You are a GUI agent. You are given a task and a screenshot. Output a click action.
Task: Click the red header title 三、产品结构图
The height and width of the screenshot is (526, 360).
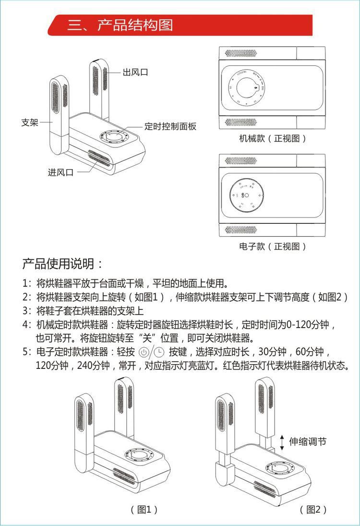tap(120, 25)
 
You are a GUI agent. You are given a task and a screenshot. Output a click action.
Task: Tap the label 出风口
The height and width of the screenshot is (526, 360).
tap(135, 73)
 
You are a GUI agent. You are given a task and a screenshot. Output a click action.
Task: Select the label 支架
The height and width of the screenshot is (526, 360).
tap(30, 122)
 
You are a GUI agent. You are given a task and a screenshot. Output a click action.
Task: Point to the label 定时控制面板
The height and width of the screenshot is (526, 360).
tap(170, 126)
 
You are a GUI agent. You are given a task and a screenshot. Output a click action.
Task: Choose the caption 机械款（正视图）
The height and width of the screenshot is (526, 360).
tap(272, 139)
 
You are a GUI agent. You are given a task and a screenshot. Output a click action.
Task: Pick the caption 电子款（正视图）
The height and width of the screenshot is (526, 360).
tap(272, 246)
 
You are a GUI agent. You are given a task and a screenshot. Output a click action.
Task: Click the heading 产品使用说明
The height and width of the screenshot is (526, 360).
tap(62, 264)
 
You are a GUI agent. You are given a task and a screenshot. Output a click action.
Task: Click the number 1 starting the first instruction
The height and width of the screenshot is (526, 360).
tap(25, 282)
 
